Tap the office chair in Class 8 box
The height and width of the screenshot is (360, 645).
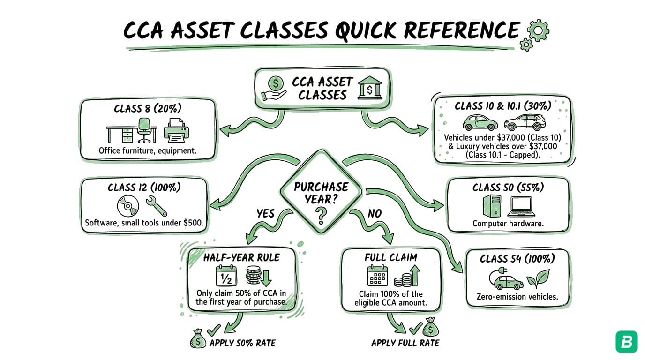[145, 130]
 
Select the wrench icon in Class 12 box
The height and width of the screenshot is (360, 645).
[156, 206]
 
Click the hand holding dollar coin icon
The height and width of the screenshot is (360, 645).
[273, 88]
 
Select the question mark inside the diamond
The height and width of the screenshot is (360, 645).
[321, 216]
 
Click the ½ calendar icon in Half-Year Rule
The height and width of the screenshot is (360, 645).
[226, 276]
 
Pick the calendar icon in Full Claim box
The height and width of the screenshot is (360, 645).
[377, 276]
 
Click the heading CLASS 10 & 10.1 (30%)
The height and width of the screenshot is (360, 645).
[502, 106]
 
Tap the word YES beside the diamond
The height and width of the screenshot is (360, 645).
[265, 213]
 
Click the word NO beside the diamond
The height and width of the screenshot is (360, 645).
[374, 213]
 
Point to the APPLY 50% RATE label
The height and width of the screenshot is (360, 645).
[242, 343]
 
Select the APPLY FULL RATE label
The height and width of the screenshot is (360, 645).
[405, 343]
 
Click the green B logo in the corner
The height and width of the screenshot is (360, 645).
[626, 341]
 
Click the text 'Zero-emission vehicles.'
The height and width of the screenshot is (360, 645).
[517, 296]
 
